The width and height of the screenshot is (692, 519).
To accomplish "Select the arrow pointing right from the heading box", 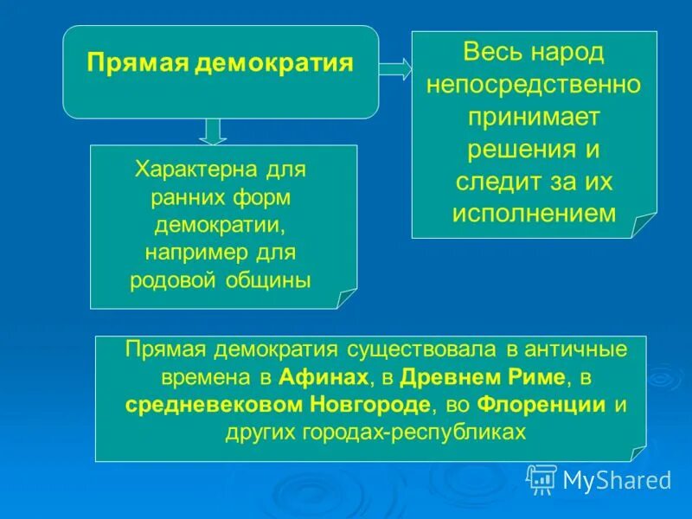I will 394,69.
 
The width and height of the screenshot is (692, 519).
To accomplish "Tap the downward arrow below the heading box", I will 213,131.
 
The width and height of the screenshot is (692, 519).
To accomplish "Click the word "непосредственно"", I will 534,85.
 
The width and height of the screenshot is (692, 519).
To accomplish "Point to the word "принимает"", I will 534,117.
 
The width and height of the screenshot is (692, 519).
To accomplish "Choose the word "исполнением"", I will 534,214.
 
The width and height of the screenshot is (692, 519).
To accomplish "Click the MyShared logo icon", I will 541,478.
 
